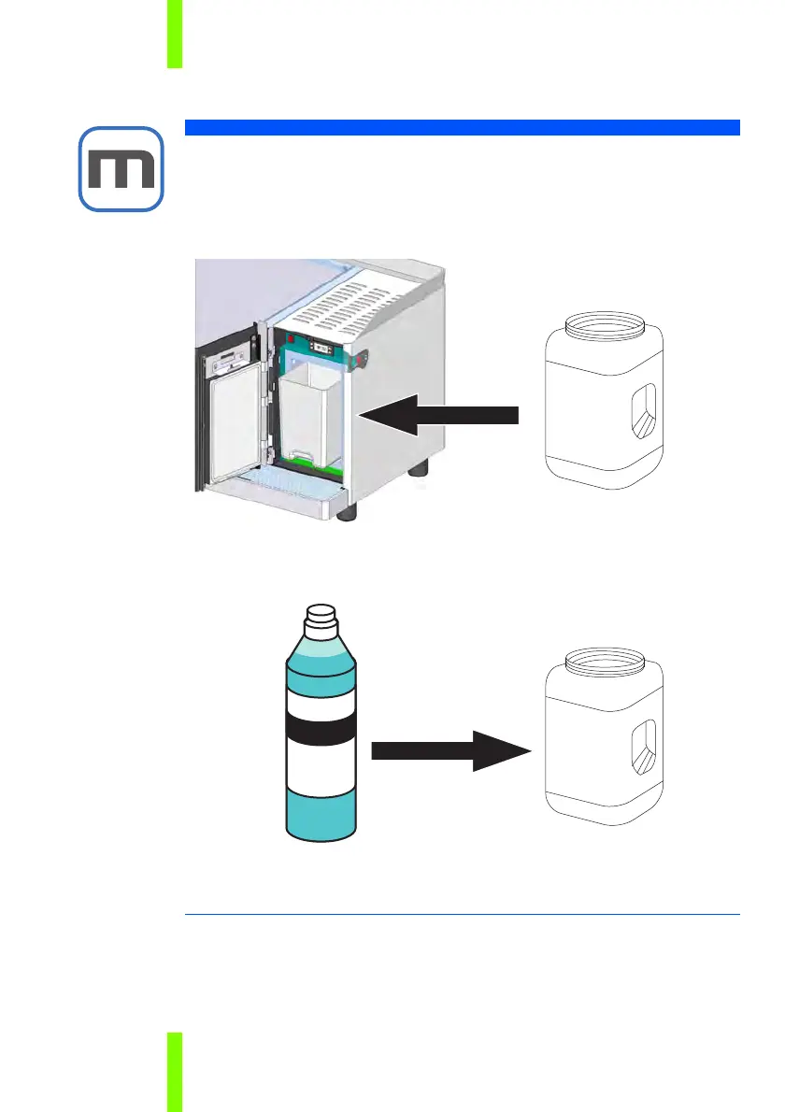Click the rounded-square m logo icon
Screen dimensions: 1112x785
[x=121, y=168]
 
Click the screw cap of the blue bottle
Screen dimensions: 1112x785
[x=320, y=614]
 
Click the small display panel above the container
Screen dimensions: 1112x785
[x=318, y=344]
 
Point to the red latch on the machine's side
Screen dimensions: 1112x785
[x=360, y=356]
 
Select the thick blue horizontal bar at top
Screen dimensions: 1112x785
[x=463, y=127]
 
